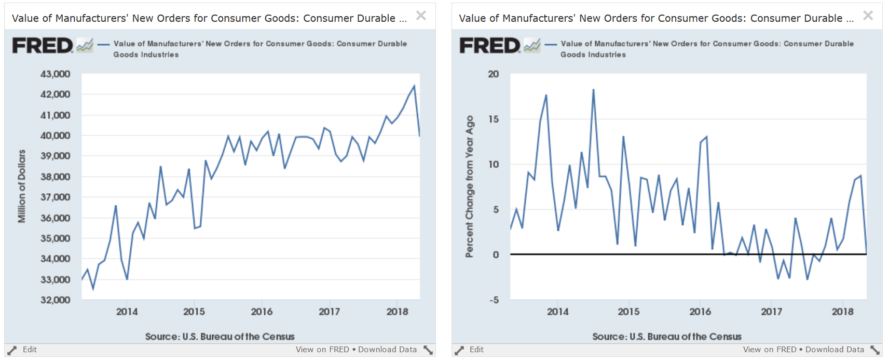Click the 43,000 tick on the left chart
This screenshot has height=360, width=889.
click(55, 74)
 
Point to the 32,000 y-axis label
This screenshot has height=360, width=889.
click(55, 300)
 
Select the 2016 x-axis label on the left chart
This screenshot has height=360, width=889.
click(262, 312)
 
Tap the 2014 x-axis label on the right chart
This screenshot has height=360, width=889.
click(557, 312)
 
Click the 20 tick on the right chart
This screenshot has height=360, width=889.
click(494, 74)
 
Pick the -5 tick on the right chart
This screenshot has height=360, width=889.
click(494, 300)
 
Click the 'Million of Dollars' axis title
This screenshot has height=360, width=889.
click(21, 186)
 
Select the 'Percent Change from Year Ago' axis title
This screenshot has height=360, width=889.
click(470, 186)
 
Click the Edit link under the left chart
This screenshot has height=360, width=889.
click(30, 349)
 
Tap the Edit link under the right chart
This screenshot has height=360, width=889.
click(476, 349)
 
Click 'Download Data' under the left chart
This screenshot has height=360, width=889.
click(387, 349)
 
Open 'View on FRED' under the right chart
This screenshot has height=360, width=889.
click(770, 349)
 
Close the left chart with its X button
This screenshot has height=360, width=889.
click(421, 16)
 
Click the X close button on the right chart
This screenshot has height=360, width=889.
click(868, 16)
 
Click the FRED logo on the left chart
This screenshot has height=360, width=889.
click(43, 45)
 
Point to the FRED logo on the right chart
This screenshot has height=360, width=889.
click(490, 45)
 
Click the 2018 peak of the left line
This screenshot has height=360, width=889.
click(414, 85)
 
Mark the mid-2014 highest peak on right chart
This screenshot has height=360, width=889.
click(593, 89)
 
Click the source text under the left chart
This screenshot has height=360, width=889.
click(220, 337)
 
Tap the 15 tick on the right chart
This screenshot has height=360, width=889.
click(494, 119)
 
